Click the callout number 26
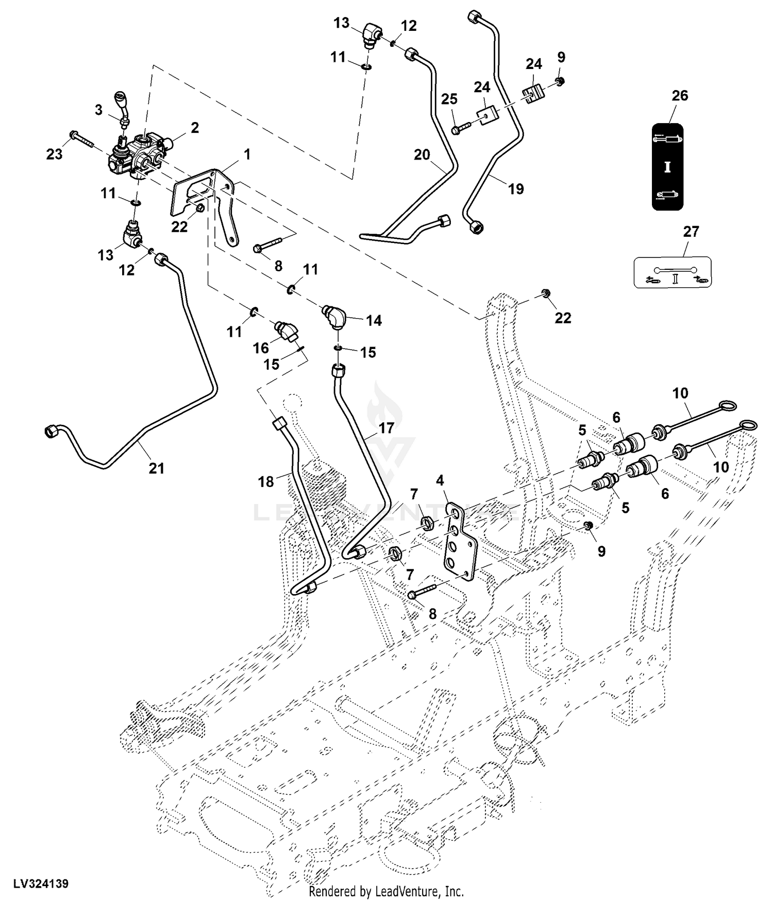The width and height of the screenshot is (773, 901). [680, 96]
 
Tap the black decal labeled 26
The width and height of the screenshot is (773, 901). [667, 167]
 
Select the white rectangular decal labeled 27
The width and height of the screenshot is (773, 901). [673, 272]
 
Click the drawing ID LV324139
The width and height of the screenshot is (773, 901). [41, 883]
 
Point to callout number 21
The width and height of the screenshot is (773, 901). [157, 468]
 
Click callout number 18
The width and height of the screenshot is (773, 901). [266, 481]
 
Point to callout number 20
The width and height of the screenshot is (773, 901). [422, 154]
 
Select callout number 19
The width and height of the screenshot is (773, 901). [516, 189]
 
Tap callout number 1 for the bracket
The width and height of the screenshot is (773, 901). [247, 154]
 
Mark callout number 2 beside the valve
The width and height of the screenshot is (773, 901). [195, 127]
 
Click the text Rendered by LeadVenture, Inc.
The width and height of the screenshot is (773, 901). [386, 891]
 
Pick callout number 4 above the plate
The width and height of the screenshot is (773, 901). [440, 481]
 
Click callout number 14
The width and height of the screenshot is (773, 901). [374, 320]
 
